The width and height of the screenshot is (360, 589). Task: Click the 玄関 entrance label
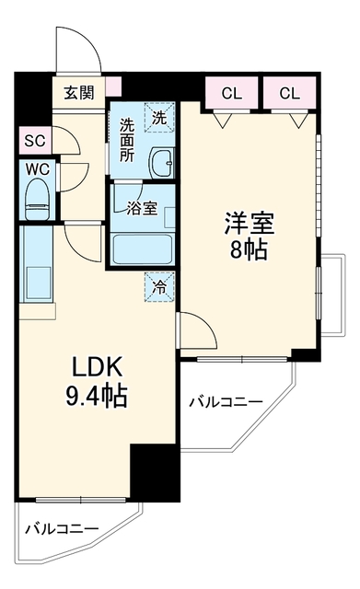pos(79,92)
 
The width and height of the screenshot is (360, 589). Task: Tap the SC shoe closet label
pos(35,141)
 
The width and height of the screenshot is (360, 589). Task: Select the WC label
pos(38,169)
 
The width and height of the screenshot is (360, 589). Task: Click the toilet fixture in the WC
pos(37,199)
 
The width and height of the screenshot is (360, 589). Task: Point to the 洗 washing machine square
pos(159,117)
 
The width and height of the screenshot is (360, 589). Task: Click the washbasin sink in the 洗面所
pos(162,163)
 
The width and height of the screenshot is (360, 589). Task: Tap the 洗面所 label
pos(127,140)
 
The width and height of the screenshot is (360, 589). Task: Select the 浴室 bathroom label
pos(142,209)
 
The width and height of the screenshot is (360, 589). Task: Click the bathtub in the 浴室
pos(143,249)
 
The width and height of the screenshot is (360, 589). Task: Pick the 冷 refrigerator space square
pos(159,286)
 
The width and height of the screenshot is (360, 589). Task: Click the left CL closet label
pos(232,93)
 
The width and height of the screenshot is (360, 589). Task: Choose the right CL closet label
pos(289,93)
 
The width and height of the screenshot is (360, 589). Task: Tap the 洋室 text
pos(250,223)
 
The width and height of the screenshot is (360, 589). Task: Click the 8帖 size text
pos(249,249)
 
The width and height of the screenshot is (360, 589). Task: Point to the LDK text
pos(97,366)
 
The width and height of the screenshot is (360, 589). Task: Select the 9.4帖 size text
pos(97,395)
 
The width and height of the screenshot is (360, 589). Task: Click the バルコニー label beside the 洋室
pos(226,402)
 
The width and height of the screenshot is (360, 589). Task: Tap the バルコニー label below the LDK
pos(62,529)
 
